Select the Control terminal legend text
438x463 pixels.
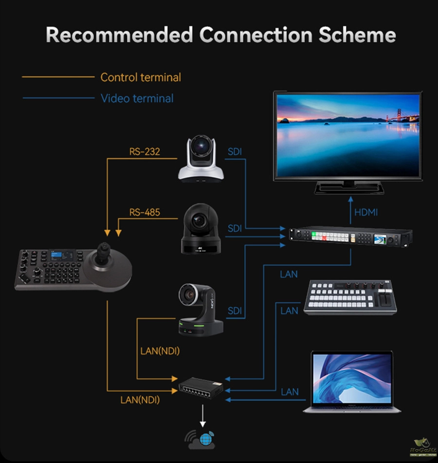(140, 77)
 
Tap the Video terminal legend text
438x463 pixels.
(137, 99)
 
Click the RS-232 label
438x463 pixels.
(145, 152)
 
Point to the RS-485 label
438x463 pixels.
(145, 212)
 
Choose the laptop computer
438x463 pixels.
(352, 382)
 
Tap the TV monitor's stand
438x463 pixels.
(349, 187)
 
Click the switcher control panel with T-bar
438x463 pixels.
(350, 296)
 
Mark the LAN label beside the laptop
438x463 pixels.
(290, 392)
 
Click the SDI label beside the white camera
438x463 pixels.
(235, 152)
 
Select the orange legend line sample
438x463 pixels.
(58, 77)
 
